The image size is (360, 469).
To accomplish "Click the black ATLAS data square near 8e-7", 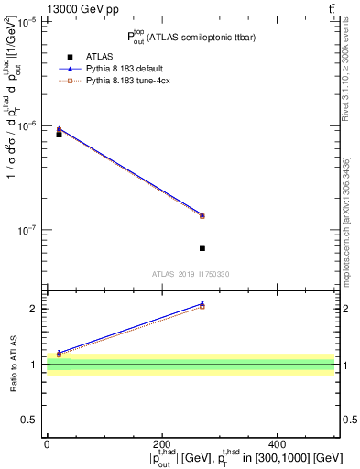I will pos(59,135).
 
